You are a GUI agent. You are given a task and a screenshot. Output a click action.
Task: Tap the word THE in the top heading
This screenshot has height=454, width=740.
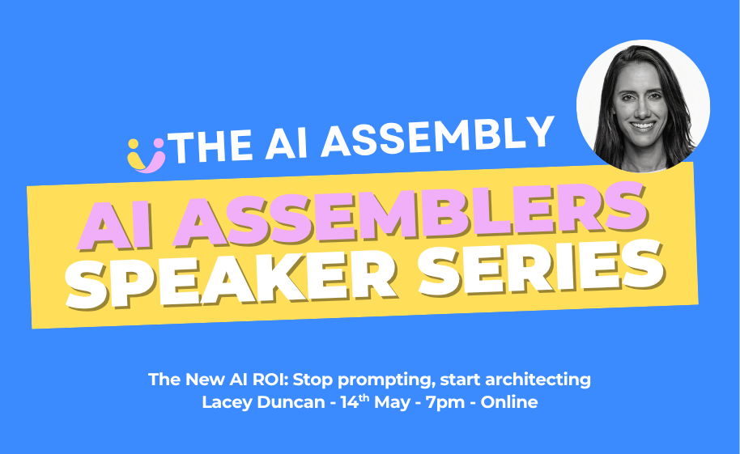point(212,146)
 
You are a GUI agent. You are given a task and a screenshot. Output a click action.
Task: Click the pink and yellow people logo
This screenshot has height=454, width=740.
point(147,155)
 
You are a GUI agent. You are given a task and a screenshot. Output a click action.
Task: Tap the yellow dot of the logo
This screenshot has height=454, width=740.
point(134,143)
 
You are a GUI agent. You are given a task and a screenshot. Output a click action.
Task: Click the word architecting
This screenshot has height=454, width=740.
point(538,380)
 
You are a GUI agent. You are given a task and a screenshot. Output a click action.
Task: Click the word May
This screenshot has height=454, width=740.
point(392,403)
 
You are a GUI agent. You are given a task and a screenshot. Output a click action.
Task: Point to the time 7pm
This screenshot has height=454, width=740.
point(445,403)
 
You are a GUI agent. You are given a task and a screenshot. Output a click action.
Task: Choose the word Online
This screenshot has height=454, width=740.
point(509,402)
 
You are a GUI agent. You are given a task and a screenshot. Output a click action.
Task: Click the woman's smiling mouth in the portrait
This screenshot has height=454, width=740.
point(642,126)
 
